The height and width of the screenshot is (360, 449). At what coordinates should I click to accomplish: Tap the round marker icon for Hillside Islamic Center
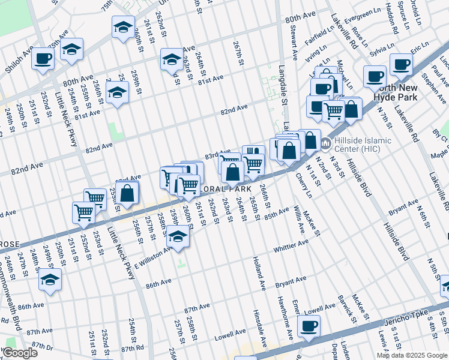click(x=326, y=143)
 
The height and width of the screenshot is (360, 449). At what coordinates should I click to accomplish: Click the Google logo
click(x=20, y=353)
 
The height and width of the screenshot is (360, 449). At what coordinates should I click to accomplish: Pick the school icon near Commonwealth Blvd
click(x=50, y=280)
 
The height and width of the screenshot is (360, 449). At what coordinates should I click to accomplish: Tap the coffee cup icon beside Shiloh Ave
click(x=43, y=58)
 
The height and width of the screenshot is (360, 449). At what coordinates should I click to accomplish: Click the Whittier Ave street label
click(x=291, y=246)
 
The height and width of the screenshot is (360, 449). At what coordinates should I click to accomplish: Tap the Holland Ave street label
click(x=259, y=268)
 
